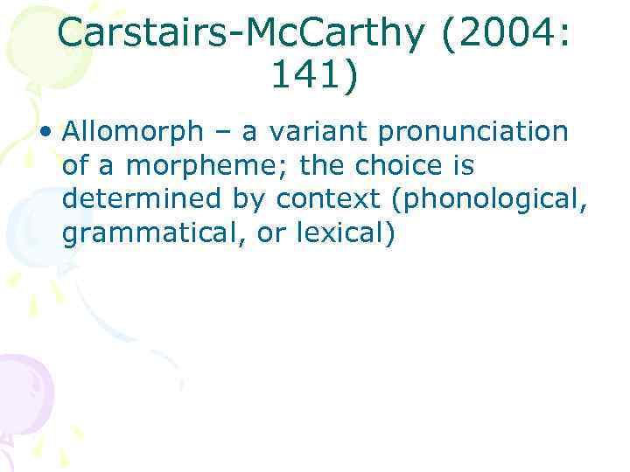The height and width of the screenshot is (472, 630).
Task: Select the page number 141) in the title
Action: click(315, 76)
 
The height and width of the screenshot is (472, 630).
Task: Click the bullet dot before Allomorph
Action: click(52, 133)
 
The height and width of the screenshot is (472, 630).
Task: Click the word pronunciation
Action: click(472, 133)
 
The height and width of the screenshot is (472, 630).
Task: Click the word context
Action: click(332, 200)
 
